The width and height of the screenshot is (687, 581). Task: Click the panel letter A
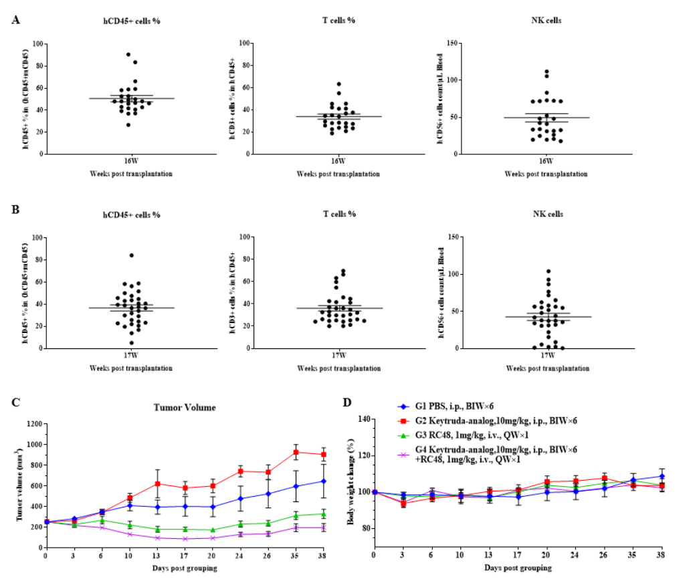point(15,19)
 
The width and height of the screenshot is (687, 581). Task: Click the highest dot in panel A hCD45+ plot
point(127,55)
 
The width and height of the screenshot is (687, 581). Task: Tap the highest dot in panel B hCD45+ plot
point(132,255)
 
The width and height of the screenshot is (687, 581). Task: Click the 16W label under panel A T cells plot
point(338,161)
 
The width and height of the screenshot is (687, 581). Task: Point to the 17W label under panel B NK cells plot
point(547,356)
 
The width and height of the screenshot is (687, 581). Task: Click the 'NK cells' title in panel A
point(546,20)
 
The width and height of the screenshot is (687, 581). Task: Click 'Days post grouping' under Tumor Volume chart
point(184,568)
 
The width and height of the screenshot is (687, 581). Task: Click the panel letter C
point(15,402)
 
